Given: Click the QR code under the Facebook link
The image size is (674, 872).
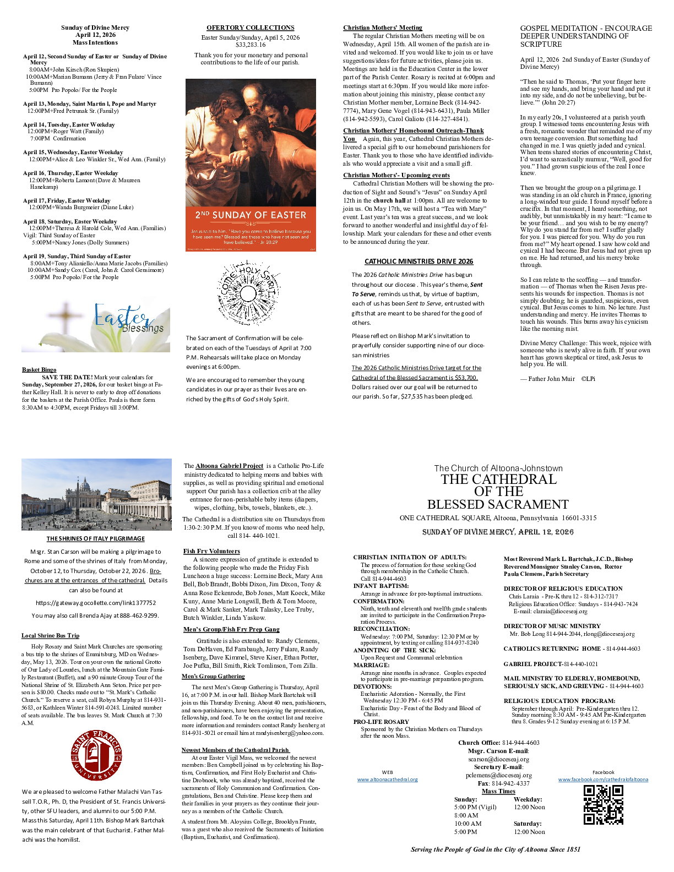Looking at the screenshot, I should tap(603, 804).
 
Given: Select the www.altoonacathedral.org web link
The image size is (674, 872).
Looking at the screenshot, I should tap(387, 780).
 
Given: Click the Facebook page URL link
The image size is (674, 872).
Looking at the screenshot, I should tap(603, 780).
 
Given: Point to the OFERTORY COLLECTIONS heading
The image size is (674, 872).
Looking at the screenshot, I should tap(250, 28).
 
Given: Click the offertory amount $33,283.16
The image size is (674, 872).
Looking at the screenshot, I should tap(251, 45).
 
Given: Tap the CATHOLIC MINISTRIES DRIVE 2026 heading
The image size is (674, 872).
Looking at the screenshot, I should tap(418, 261).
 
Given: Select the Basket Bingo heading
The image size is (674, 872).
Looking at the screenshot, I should tap(39, 370).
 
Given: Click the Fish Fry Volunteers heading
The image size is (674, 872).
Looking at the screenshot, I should tap(211, 551).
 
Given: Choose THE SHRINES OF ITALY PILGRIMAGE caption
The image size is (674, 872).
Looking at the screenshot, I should tap(95, 539).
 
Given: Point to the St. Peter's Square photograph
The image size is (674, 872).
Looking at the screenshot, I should tap(96, 494).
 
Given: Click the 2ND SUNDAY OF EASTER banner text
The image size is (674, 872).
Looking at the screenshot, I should tap(251, 215).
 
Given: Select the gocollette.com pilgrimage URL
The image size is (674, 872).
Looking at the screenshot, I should tap(95, 603).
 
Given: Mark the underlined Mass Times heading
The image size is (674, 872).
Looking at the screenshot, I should tap(498, 791).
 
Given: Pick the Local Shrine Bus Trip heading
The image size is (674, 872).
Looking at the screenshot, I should tap(50, 635).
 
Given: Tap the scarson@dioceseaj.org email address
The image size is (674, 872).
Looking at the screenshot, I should tap(498, 759).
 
